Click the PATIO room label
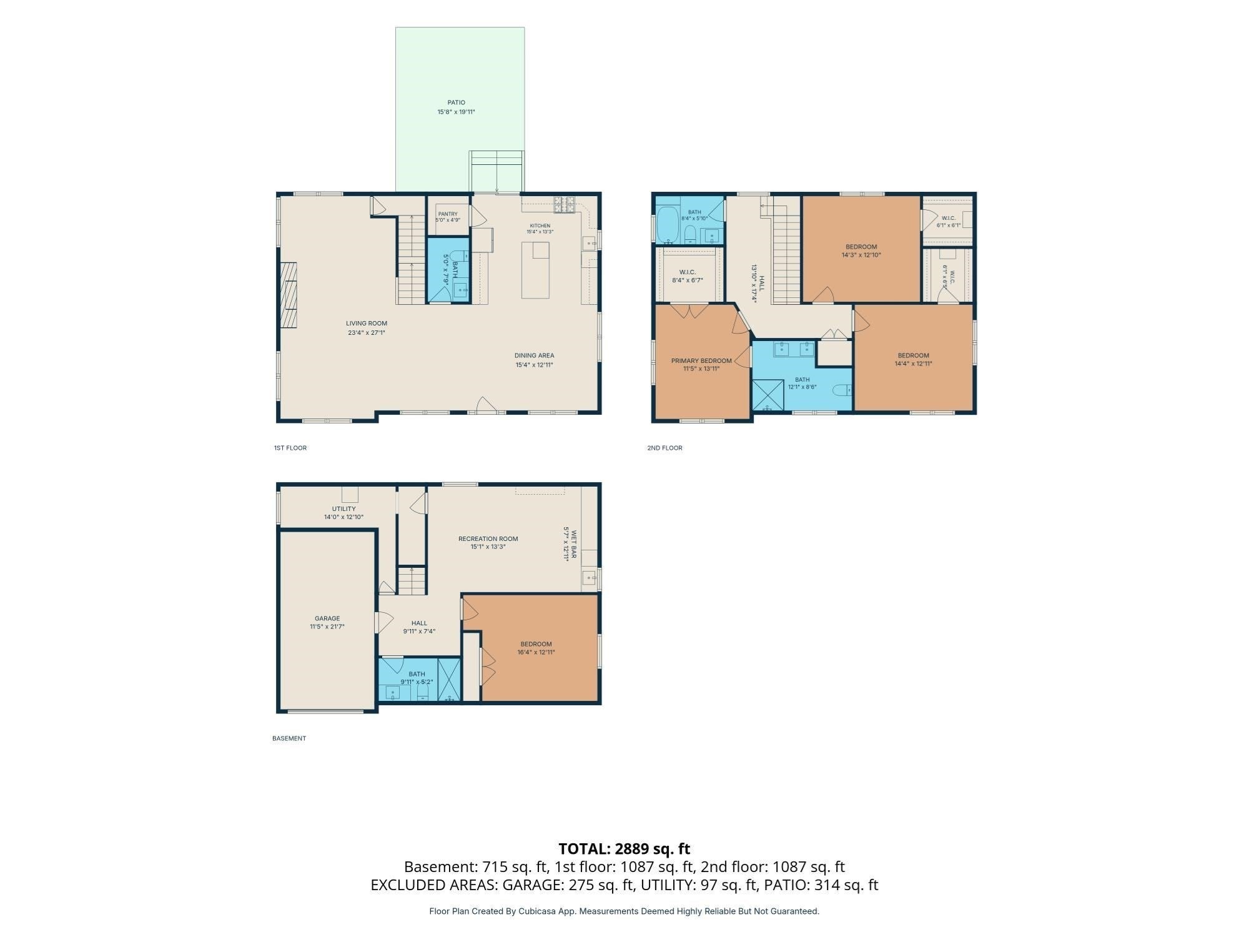pos(456,102)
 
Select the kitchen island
pos(535,270)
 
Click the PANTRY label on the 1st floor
pos(448,214)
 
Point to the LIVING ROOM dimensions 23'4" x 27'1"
pos(367,333)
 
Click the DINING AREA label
pos(534,356)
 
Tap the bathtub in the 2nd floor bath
pos(668,226)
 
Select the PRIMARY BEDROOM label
pos(701,361)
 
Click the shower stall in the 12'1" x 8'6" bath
pos(768,395)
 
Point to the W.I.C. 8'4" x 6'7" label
pos(687,276)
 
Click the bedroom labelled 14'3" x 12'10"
pos(861,250)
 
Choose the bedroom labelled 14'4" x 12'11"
pos(913,359)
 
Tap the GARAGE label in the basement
pos(327,618)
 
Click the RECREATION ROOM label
pos(488,538)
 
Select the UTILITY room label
pos(343,509)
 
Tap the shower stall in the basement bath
pos(449,680)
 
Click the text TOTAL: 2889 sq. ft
pos(624,849)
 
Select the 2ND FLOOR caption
pos(664,448)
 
